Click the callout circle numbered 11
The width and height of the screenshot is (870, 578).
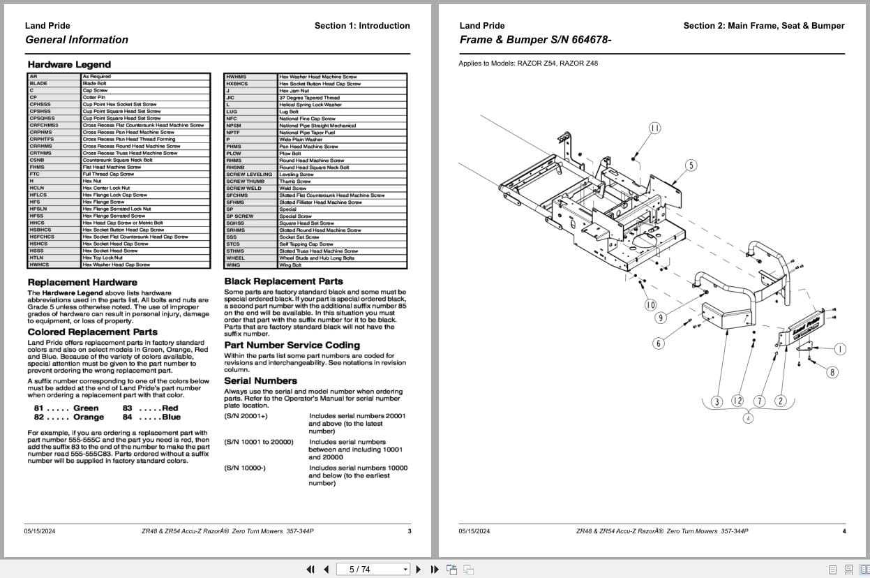(x=654, y=128)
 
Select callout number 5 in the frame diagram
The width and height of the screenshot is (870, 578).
(x=691, y=165)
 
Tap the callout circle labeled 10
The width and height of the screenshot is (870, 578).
(x=650, y=305)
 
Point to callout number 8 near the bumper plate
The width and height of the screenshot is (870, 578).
(x=832, y=372)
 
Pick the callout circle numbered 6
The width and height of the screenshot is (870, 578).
(x=658, y=343)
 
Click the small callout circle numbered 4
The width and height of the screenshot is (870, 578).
(x=748, y=418)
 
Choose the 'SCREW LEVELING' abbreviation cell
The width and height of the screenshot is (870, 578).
(x=249, y=175)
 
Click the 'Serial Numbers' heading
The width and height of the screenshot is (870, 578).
(x=260, y=381)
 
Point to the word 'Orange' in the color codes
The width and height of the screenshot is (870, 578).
(x=89, y=417)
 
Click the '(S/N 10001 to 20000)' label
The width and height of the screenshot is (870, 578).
(x=259, y=442)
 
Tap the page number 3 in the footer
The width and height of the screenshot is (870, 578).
(x=410, y=531)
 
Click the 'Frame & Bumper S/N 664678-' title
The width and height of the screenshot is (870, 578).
(x=535, y=40)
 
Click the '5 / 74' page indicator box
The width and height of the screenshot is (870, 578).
(x=373, y=570)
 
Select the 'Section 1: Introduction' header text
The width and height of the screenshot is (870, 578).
(x=362, y=26)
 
